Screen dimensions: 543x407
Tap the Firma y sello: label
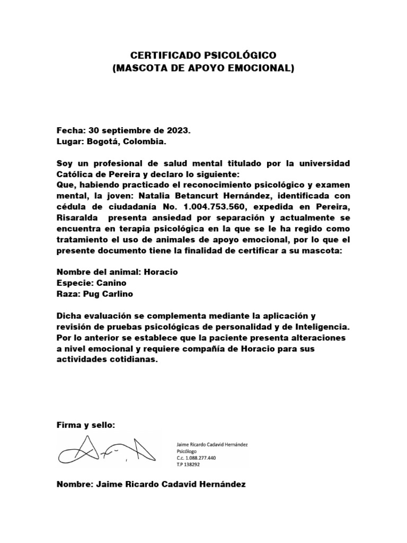[x=86, y=426]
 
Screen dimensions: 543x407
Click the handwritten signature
[x=106, y=450]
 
